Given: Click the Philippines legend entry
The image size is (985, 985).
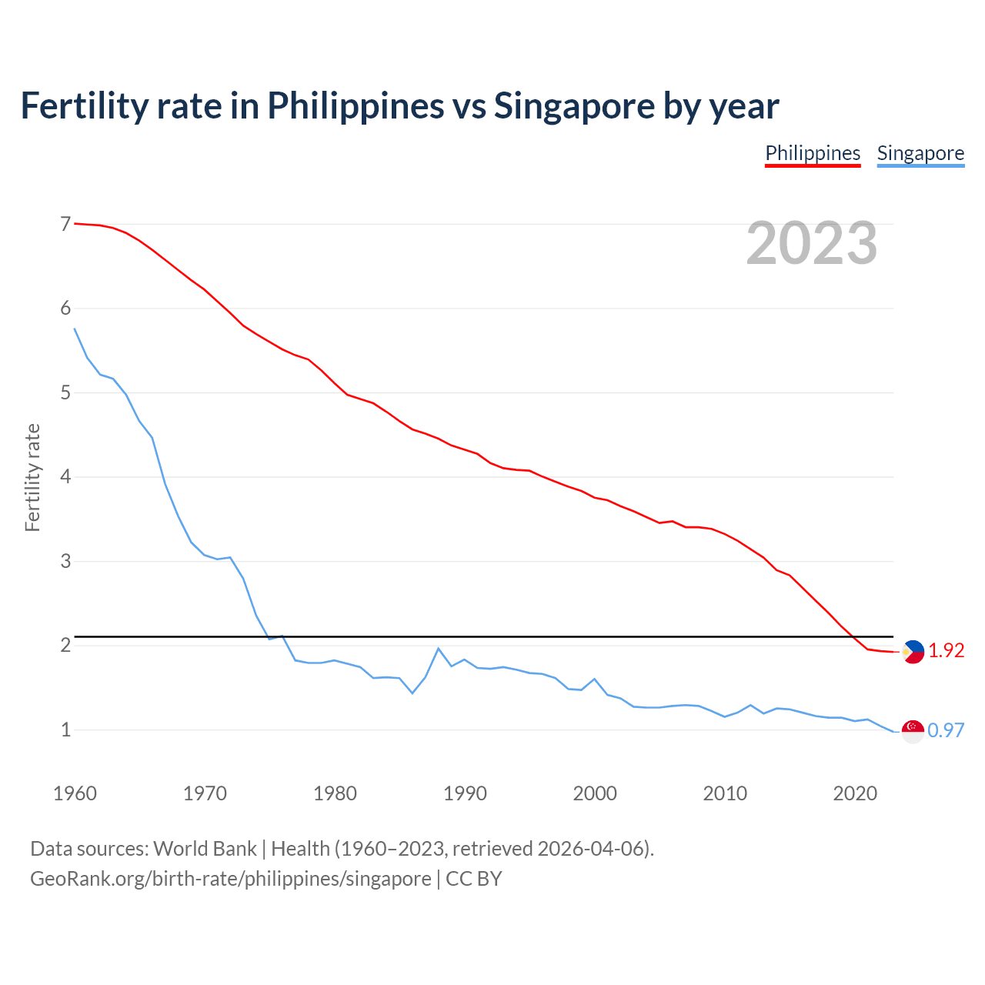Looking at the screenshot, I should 813,153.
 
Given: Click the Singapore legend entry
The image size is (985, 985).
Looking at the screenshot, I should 920,153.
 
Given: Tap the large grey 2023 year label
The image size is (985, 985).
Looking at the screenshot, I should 812,243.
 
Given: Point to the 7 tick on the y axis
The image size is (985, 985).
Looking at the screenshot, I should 65,225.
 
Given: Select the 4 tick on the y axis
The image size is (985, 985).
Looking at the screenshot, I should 65,477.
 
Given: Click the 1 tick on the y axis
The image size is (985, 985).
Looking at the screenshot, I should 65,730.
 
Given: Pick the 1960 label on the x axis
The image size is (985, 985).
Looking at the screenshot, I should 75,793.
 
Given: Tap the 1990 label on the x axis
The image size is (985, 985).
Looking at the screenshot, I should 465,793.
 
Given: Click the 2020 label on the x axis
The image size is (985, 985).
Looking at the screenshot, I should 855,793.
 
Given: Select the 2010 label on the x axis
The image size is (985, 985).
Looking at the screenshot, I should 725,793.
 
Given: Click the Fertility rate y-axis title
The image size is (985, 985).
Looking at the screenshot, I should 32,477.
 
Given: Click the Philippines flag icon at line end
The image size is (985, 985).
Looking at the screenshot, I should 913,652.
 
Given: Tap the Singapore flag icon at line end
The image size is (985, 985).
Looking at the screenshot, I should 913,731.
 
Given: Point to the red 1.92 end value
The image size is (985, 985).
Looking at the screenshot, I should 946,651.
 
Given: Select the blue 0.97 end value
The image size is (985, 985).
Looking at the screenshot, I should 946,731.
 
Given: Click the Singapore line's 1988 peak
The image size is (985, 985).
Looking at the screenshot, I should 439,649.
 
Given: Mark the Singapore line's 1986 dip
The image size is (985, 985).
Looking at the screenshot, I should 412,693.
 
